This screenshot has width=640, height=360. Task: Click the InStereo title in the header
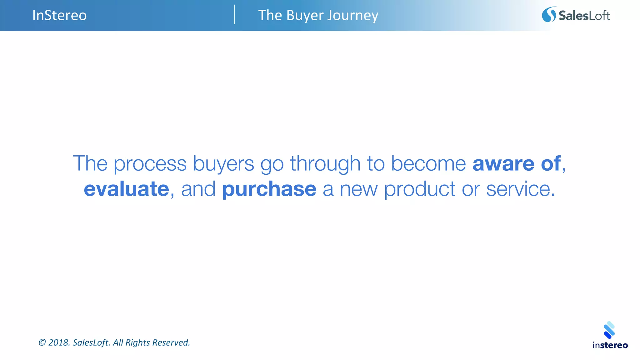pyautogui.click(x=59, y=15)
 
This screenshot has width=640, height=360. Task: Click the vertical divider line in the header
pyautogui.click(x=234, y=14)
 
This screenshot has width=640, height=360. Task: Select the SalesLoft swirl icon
pyautogui.click(x=549, y=15)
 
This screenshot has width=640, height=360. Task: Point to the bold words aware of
pyautogui.click(x=516, y=163)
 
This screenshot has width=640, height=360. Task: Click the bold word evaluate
pyautogui.click(x=127, y=189)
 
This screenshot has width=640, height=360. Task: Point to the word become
pyautogui.click(x=428, y=163)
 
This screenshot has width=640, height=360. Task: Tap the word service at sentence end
pyautogui.click(x=518, y=189)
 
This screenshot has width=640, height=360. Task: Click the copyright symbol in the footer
pyautogui.click(x=42, y=342)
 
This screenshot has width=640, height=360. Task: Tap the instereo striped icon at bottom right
pyautogui.click(x=609, y=330)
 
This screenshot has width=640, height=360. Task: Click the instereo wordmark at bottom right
pyautogui.click(x=610, y=345)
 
